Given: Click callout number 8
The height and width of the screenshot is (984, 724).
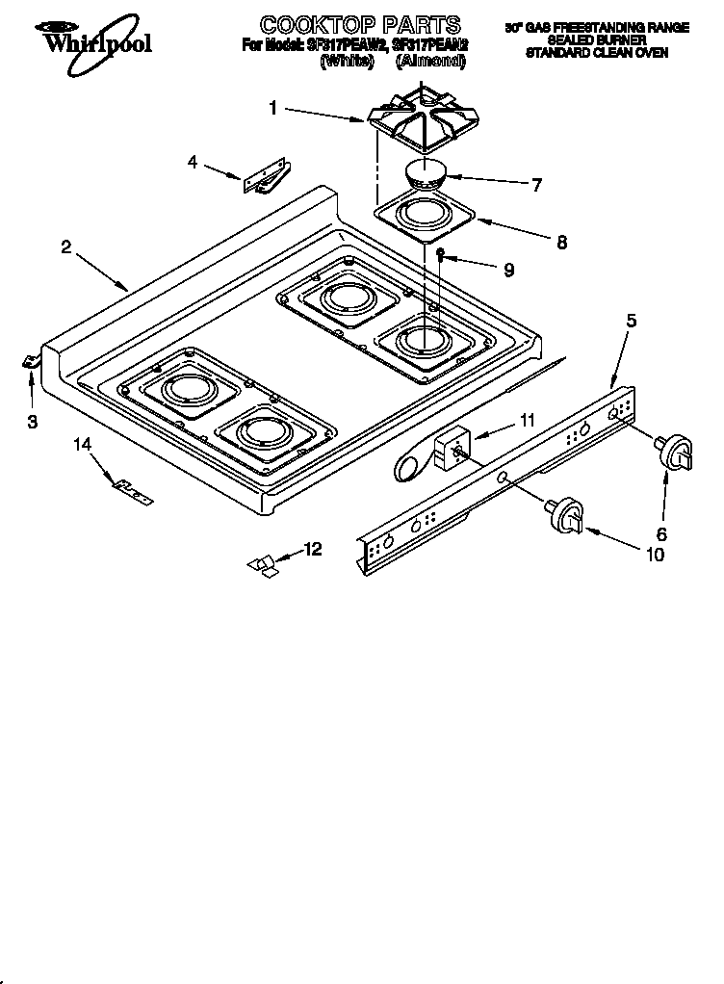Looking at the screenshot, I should pos(560,243).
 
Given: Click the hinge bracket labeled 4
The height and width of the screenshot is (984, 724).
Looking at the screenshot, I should pos(266,178).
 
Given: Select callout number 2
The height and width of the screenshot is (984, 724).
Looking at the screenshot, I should pos(65,246).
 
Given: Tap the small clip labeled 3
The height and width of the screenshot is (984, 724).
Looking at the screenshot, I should pos(28,361).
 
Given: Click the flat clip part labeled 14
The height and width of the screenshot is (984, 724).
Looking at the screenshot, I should pos(132,491).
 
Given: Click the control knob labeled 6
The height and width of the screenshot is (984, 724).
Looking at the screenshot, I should pos(676,451).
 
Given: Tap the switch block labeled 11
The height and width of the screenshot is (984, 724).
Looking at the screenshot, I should pos(449,448).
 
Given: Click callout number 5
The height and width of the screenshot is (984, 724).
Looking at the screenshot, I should pos(631,322).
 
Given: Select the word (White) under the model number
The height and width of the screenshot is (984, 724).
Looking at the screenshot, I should pos(347,61).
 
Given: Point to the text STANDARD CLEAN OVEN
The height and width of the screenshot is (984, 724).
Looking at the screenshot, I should pos(596,54).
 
